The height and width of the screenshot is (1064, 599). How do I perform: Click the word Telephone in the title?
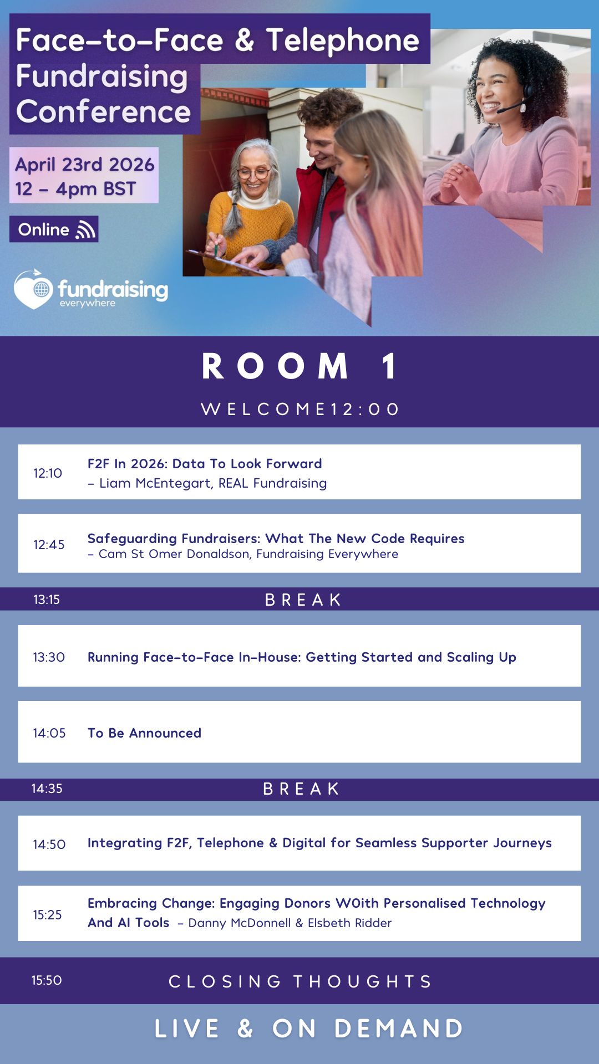click(343, 40)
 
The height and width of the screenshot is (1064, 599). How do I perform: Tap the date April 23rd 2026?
click(85, 165)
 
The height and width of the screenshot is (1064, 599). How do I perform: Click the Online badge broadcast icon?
click(85, 229)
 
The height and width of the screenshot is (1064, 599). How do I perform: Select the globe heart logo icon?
click(33, 289)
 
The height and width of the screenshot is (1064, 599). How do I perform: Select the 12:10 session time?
click(48, 473)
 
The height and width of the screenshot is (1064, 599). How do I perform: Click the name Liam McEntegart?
click(155, 483)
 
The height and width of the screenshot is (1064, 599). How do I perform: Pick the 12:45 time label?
click(49, 544)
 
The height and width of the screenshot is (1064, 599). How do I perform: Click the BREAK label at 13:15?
click(303, 600)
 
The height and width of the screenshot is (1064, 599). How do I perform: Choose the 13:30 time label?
click(49, 657)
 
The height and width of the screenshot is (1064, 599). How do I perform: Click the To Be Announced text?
click(144, 733)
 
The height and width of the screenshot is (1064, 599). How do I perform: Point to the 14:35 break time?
click(47, 789)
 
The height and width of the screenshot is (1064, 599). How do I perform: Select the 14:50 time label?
click(49, 844)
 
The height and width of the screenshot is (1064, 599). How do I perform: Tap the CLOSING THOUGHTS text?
click(300, 981)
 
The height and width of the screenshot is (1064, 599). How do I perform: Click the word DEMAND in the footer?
click(399, 1029)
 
